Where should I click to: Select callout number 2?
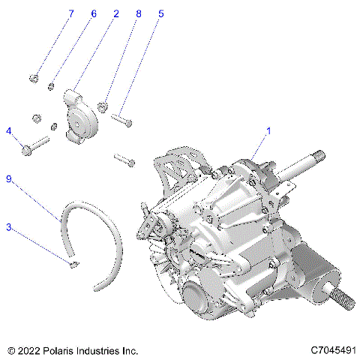pos(116,14)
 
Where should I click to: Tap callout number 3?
pos(9,226)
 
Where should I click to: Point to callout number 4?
pos(9,131)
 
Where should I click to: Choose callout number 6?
pos(94,14)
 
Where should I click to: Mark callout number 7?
pos(71,14)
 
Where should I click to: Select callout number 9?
pos(9,179)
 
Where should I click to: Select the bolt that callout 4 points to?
pos(34,147)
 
